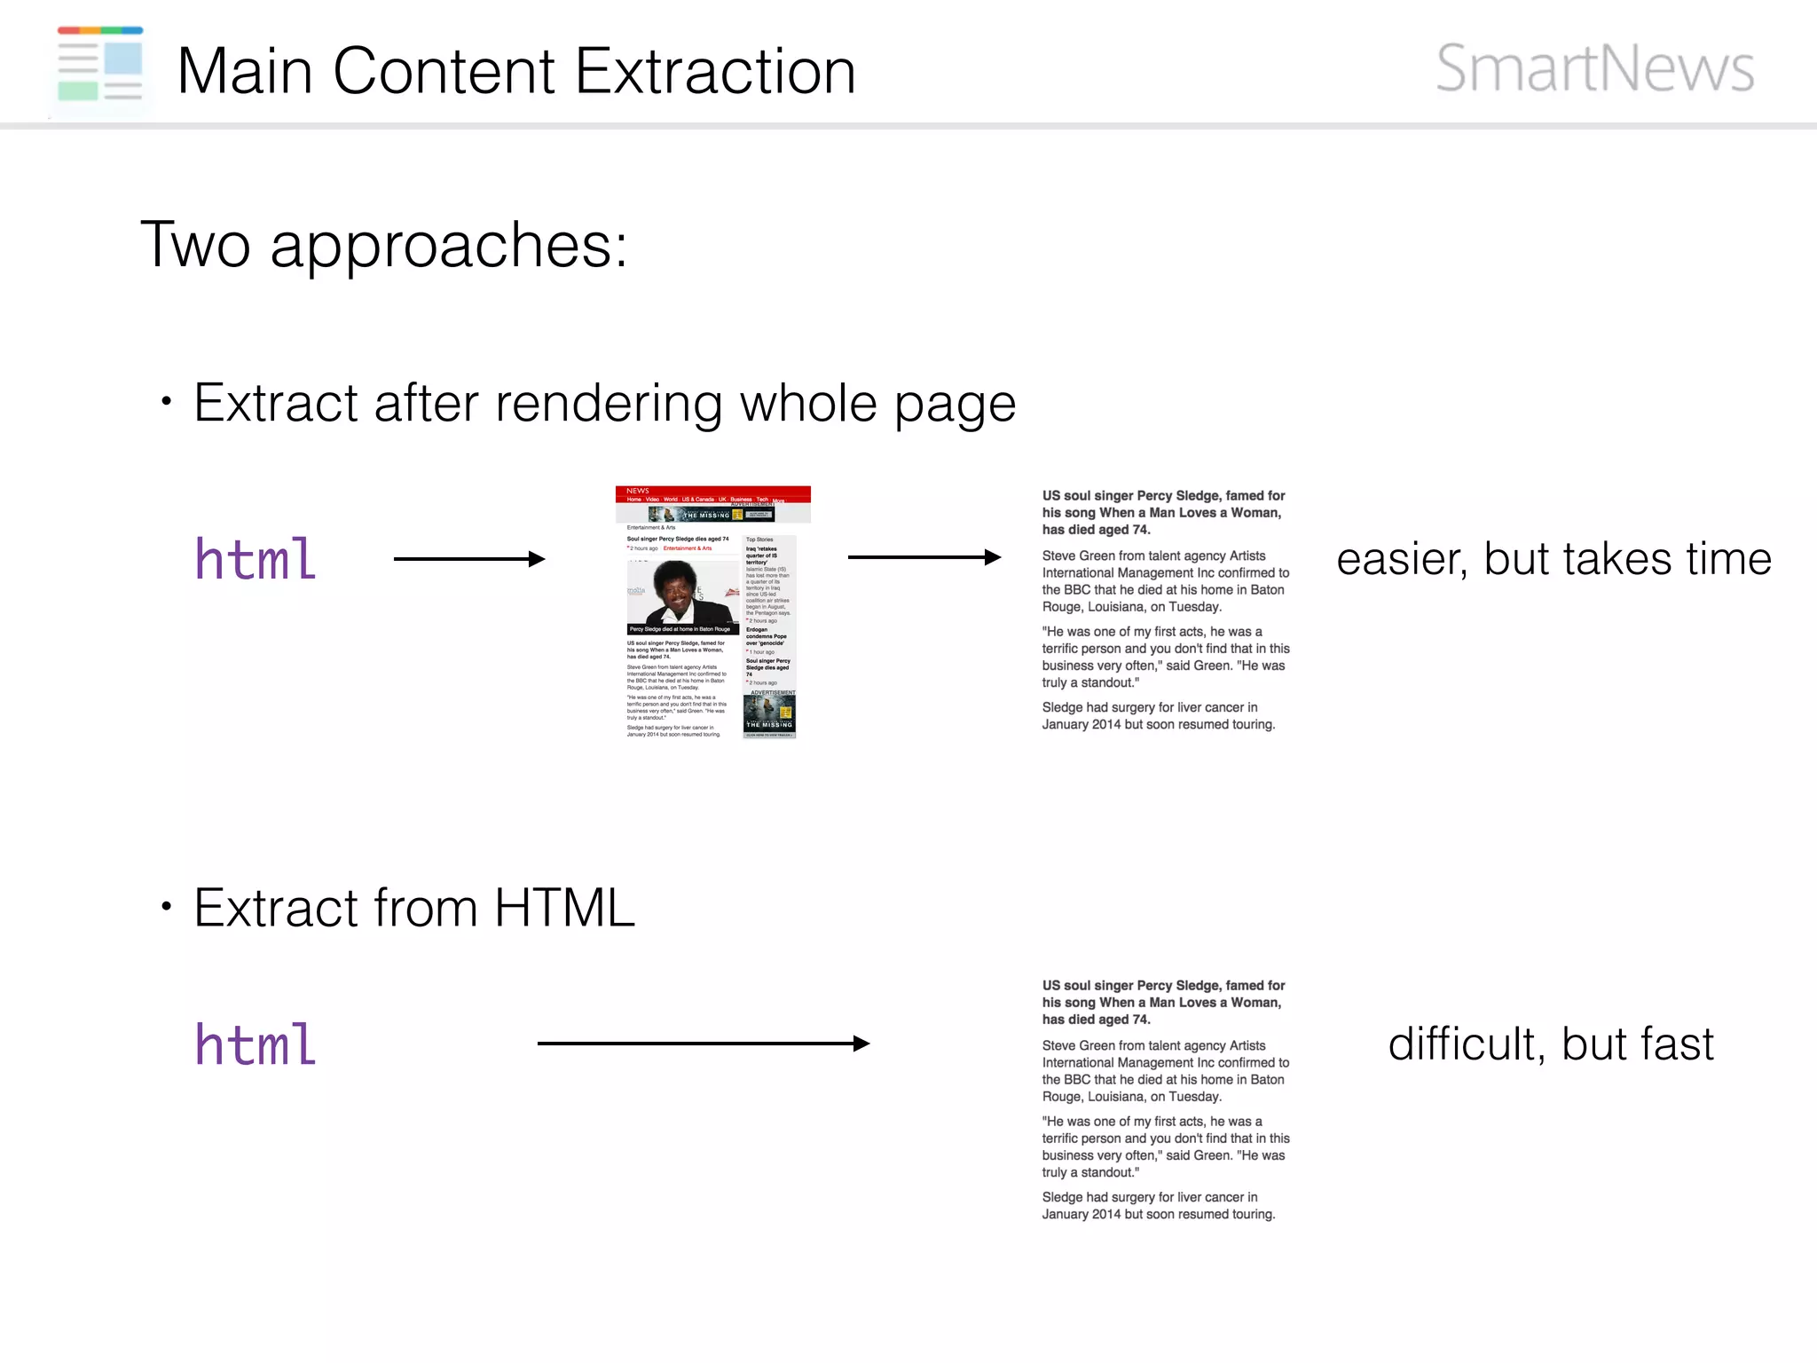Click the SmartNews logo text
tap(1594, 69)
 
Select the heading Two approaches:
tap(384, 245)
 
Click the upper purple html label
tap(256, 559)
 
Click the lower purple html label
tap(256, 1044)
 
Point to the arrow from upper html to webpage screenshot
tap(468, 558)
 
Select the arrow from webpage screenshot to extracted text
tap(924, 557)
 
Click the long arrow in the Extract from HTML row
tap(703, 1044)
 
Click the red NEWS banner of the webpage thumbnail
tap(712, 493)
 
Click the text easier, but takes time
tap(1553, 559)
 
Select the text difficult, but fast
tap(1550, 1044)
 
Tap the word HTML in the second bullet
tap(564, 909)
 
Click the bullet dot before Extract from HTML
tap(166, 907)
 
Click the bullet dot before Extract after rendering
tap(166, 402)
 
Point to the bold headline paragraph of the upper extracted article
tap(1163, 513)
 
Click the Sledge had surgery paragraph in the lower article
tap(1158, 1206)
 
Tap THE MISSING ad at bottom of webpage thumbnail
tap(769, 716)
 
